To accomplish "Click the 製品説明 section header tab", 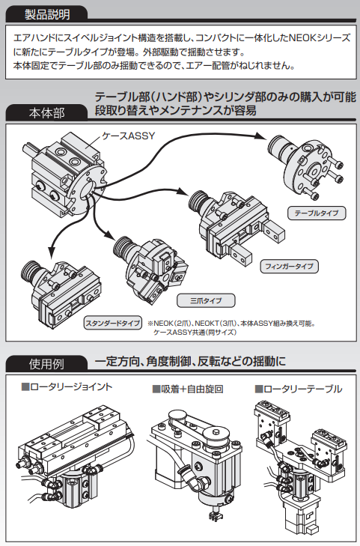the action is (x=46, y=14).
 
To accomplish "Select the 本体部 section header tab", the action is (x=46, y=112).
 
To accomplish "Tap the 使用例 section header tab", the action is (x=46, y=363).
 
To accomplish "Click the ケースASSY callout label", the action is (x=128, y=136).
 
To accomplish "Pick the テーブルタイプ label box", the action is (x=317, y=213).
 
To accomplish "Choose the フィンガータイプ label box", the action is (x=290, y=267).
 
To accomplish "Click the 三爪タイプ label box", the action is (x=206, y=300).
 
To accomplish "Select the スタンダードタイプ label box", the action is (x=113, y=323).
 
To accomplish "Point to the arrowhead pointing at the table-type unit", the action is (x=260, y=136).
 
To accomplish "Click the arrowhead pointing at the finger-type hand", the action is (x=183, y=191).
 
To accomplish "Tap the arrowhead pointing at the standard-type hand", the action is (x=52, y=252).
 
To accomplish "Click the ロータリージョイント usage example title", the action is (x=67, y=387).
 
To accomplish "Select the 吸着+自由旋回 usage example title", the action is (x=188, y=389).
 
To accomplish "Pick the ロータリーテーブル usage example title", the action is (x=299, y=389).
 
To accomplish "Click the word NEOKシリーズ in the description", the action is (x=320, y=37).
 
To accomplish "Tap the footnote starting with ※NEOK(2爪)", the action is (x=231, y=327).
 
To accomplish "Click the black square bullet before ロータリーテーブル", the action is (x=259, y=389).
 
